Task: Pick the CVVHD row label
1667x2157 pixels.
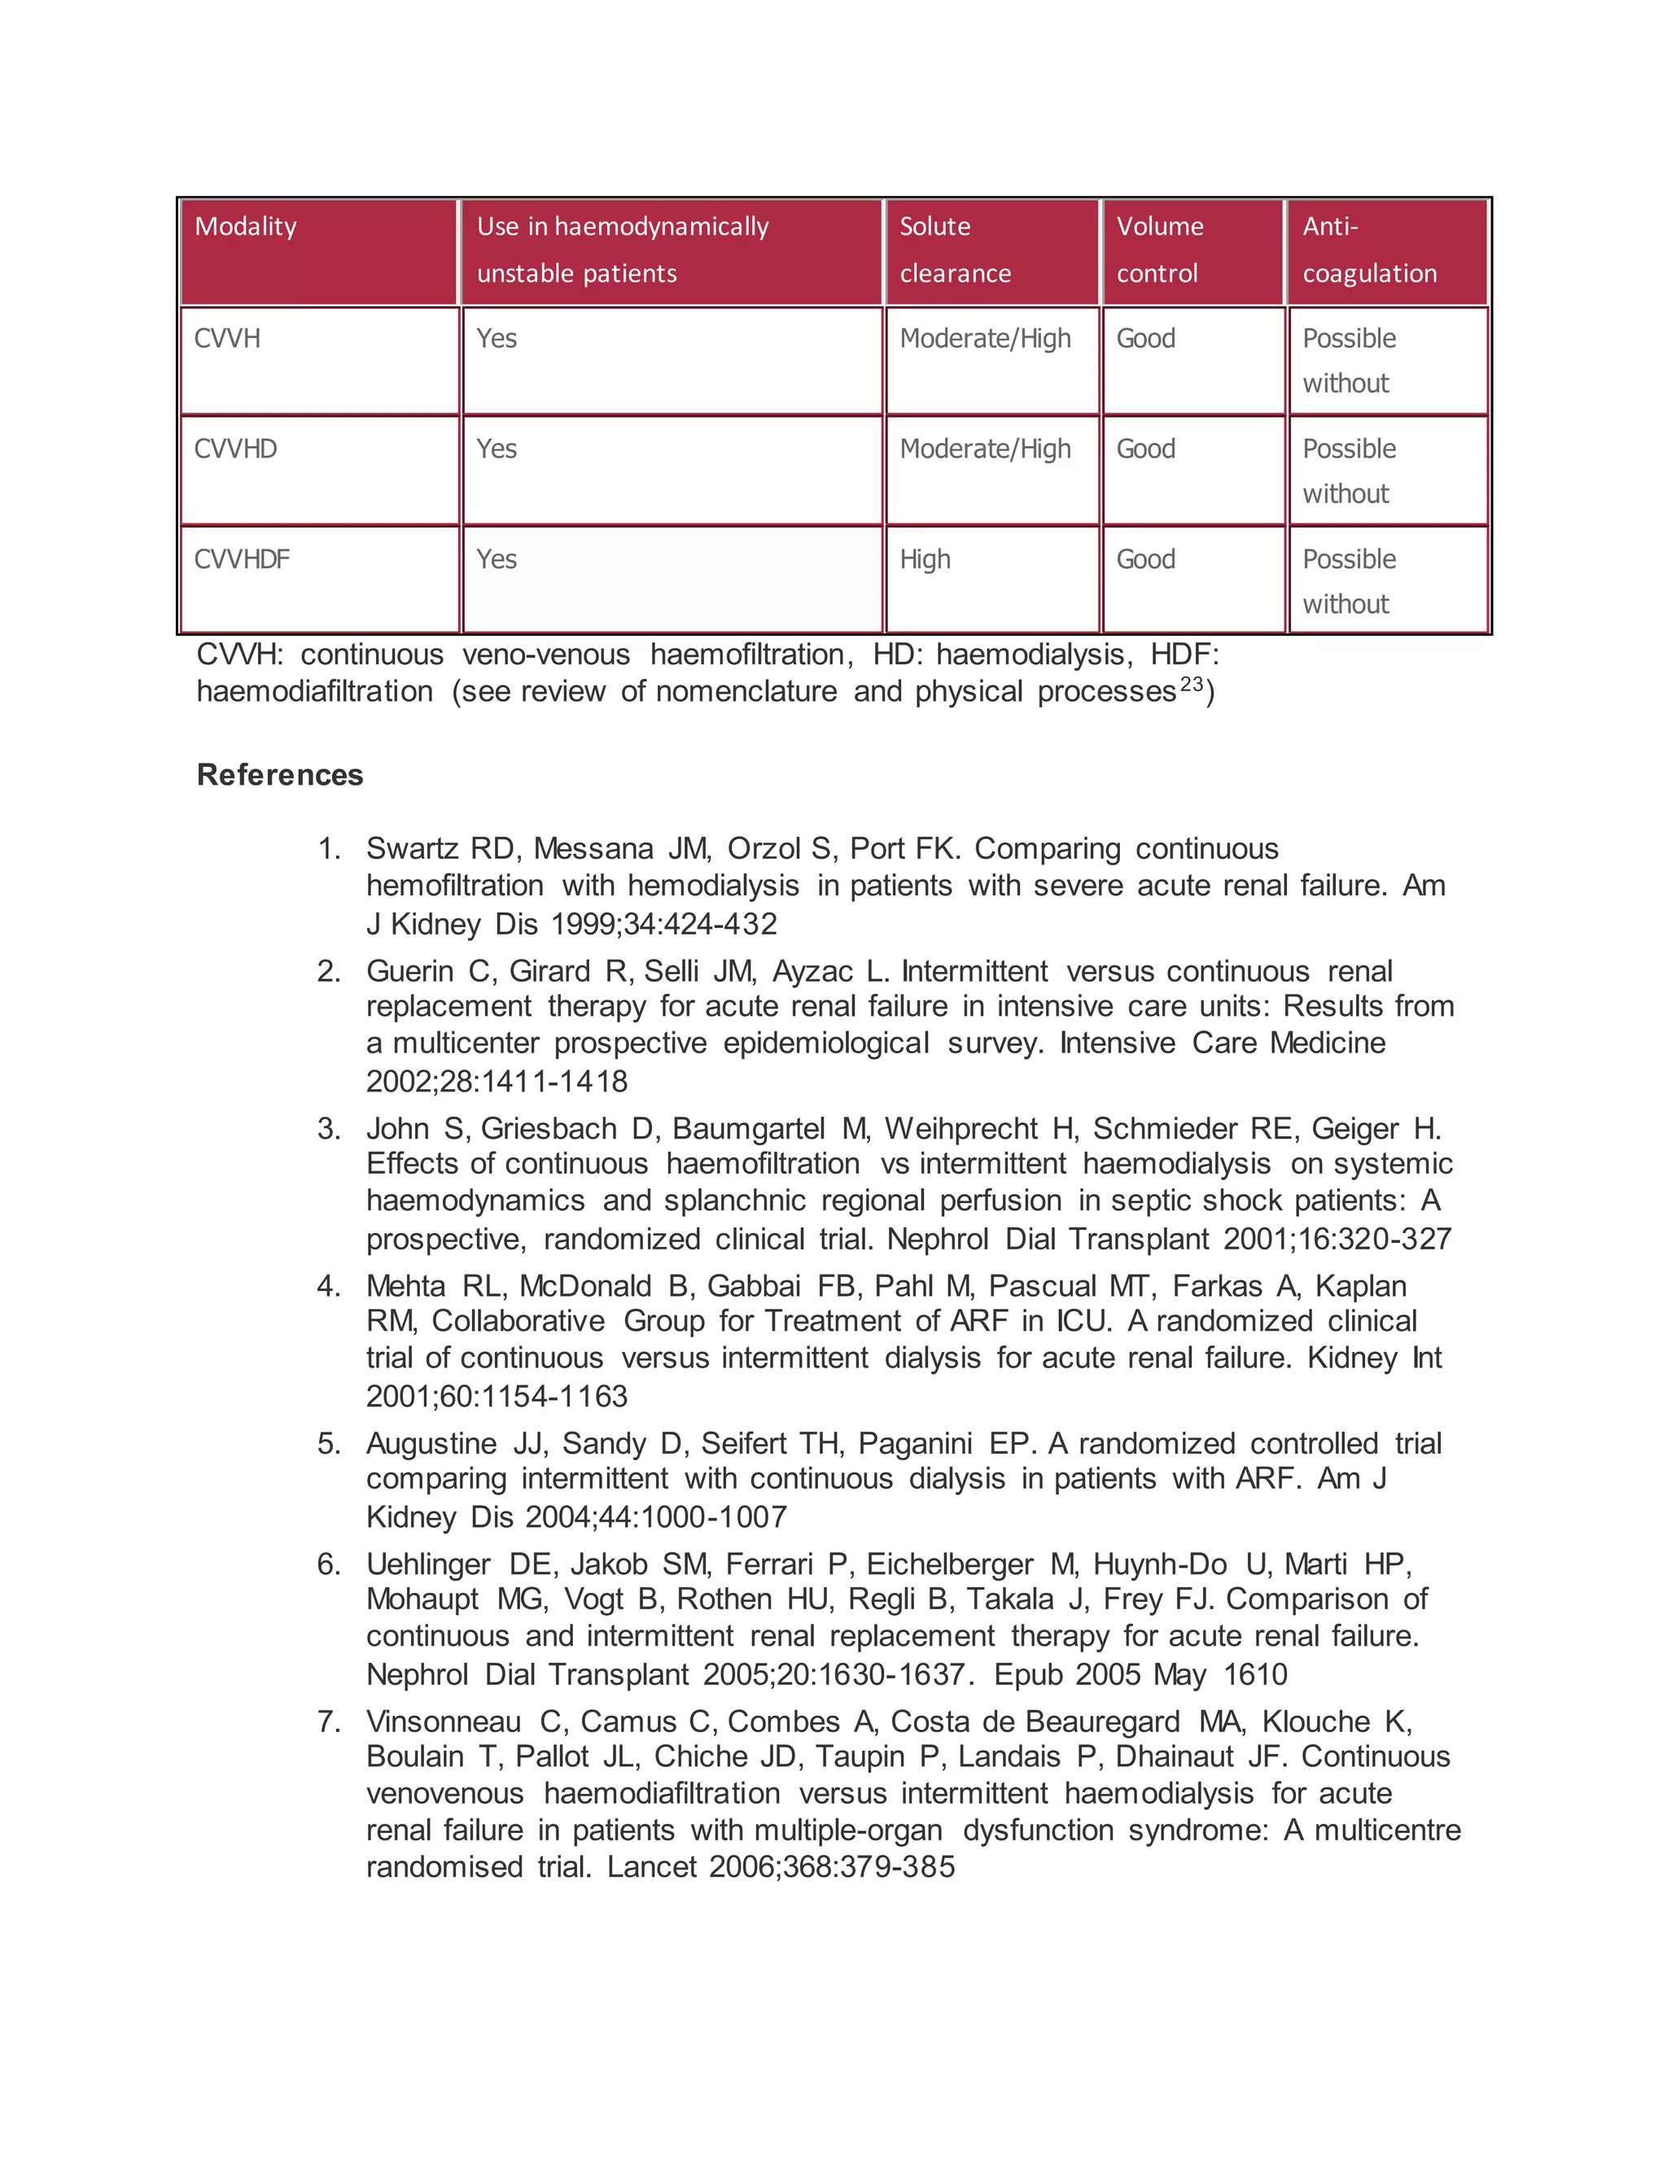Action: tap(236, 449)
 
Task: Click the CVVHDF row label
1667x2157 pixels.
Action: tap(242, 560)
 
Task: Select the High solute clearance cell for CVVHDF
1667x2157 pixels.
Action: tap(925, 560)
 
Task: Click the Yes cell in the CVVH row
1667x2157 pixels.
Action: tap(497, 339)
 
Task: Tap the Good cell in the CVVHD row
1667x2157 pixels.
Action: tap(1145, 449)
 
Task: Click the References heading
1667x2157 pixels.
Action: tap(281, 774)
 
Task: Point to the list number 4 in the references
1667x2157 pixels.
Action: tap(328, 1286)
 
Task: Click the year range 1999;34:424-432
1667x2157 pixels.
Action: tap(663, 924)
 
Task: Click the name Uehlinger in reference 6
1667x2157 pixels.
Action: tap(429, 1564)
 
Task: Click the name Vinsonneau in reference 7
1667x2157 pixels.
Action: tap(444, 1722)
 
